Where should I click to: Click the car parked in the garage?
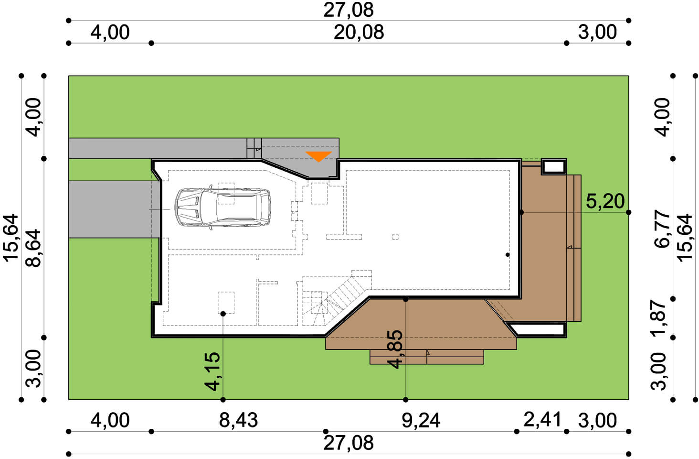223,207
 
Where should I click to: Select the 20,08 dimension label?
359,33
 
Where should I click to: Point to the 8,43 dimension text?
238,420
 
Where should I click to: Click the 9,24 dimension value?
421,420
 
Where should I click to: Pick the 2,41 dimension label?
542,420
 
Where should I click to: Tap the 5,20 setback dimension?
605,201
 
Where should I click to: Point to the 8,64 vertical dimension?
33,249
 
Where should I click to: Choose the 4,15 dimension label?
212,372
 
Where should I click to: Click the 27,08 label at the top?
349,10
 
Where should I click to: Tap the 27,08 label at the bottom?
349,443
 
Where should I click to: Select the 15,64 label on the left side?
11,238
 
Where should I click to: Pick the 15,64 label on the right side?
685,238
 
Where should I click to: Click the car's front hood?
189,207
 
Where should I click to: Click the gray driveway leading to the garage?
114,209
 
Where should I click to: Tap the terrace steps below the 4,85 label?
427,357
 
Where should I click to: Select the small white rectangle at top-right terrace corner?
554,167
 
